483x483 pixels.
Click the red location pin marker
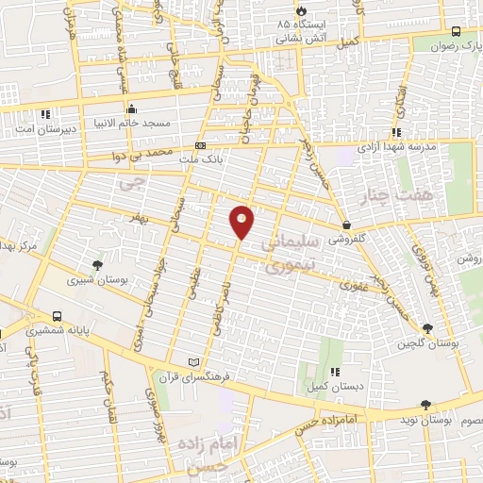pyautogui.click(x=242, y=221)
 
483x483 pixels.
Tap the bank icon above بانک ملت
pyautogui.click(x=200, y=145)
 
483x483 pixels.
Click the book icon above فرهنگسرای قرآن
pyautogui.click(x=194, y=361)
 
